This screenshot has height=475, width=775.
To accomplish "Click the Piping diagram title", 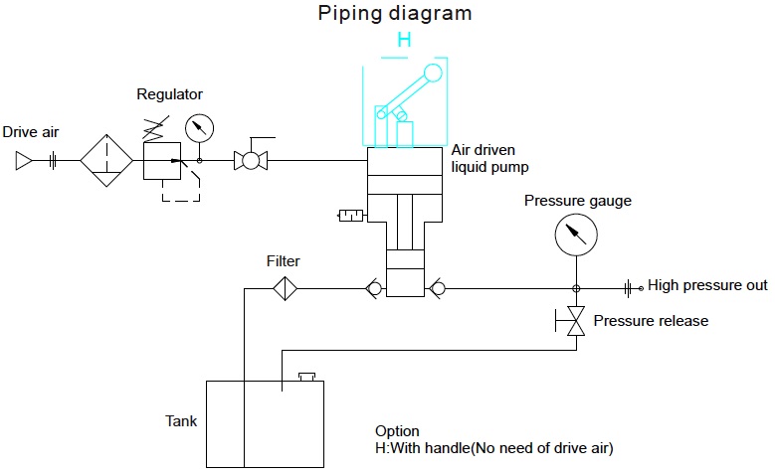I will tap(394, 14).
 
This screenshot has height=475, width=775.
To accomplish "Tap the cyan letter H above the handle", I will tap(404, 40).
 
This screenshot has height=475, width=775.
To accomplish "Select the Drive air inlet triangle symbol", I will tap(24, 160).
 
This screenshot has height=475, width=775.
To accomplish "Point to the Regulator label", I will tap(169, 94).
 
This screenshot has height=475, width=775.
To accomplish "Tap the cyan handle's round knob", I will tap(432, 73).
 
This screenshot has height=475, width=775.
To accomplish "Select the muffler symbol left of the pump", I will tap(351, 214).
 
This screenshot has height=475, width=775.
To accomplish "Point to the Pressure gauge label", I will tap(578, 202).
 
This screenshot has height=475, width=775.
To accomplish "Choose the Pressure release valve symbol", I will tap(574, 321).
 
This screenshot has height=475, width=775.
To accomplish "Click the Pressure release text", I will tap(651, 321).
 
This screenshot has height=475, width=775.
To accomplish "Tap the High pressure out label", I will tap(707, 286).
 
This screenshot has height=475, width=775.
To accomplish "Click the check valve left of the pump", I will tap(375, 289).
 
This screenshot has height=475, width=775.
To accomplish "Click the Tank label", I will tap(181, 420).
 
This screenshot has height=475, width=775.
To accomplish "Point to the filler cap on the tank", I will tap(306, 377).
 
